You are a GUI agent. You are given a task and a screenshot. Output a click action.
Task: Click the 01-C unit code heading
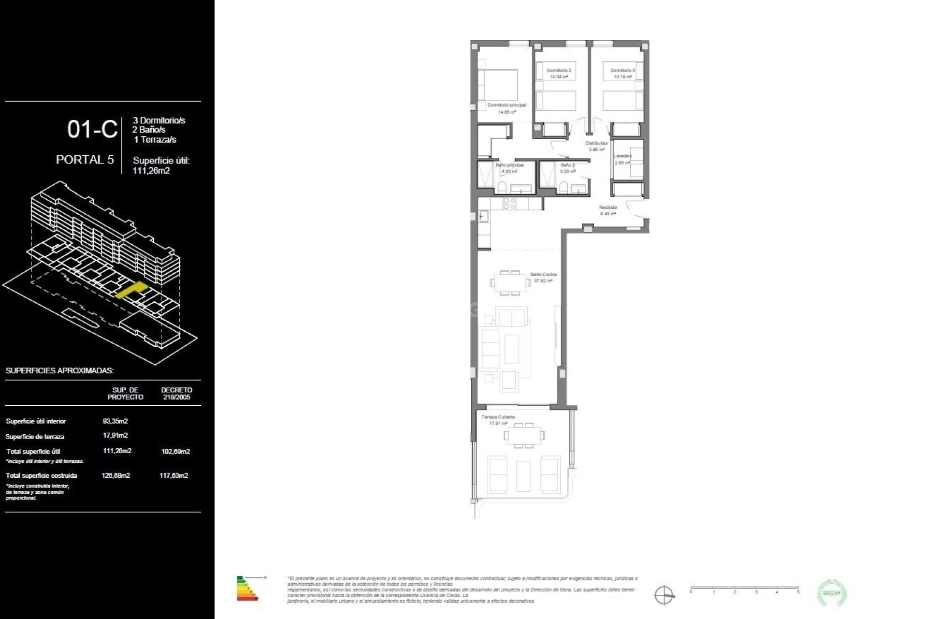pyautogui.click(x=92, y=130)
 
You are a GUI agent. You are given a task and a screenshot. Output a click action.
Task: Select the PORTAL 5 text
pyautogui.click(x=85, y=160)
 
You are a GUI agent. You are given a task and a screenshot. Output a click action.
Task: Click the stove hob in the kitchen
pyautogui.click(x=509, y=204)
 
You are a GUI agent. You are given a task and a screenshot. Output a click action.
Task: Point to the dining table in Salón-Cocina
pyautogui.click(x=509, y=283)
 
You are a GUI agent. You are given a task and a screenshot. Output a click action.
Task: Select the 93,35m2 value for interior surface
pyautogui.click(x=116, y=421)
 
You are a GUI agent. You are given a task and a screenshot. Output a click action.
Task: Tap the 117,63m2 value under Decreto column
pyautogui.click(x=174, y=475)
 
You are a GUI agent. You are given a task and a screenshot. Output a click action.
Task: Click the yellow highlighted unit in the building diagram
pyautogui.click(x=131, y=290)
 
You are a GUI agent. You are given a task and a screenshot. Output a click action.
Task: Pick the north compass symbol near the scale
pyautogui.click(x=664, y=594)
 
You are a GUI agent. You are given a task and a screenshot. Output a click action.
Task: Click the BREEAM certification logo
pyautogui.click(x=832, y=593)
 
